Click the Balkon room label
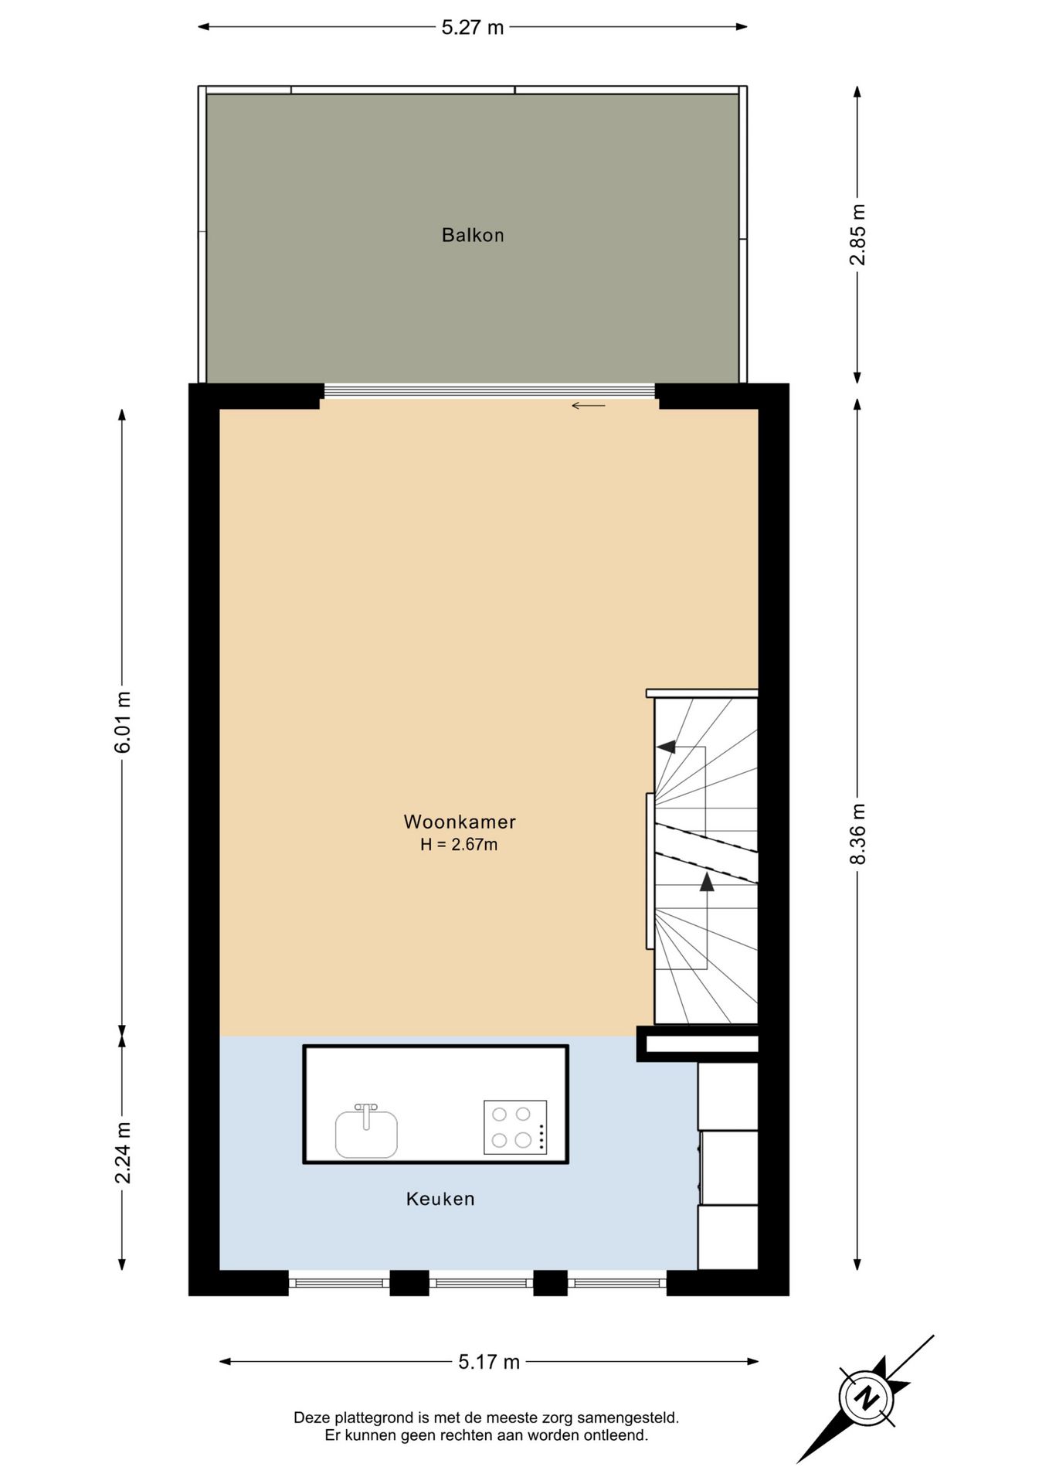473,235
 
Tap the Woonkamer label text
460,822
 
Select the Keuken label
440,1199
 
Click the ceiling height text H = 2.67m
459,845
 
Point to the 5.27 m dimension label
473,28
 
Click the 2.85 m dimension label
857,235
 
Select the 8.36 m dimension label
857,834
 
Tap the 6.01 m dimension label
122,722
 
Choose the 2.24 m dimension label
122,1152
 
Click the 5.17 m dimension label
489,1362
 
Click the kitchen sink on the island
366,1133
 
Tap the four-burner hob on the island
515,1128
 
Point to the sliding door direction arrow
588,406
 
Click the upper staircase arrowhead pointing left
666,747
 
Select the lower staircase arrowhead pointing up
706,882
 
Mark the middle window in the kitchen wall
480,1284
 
